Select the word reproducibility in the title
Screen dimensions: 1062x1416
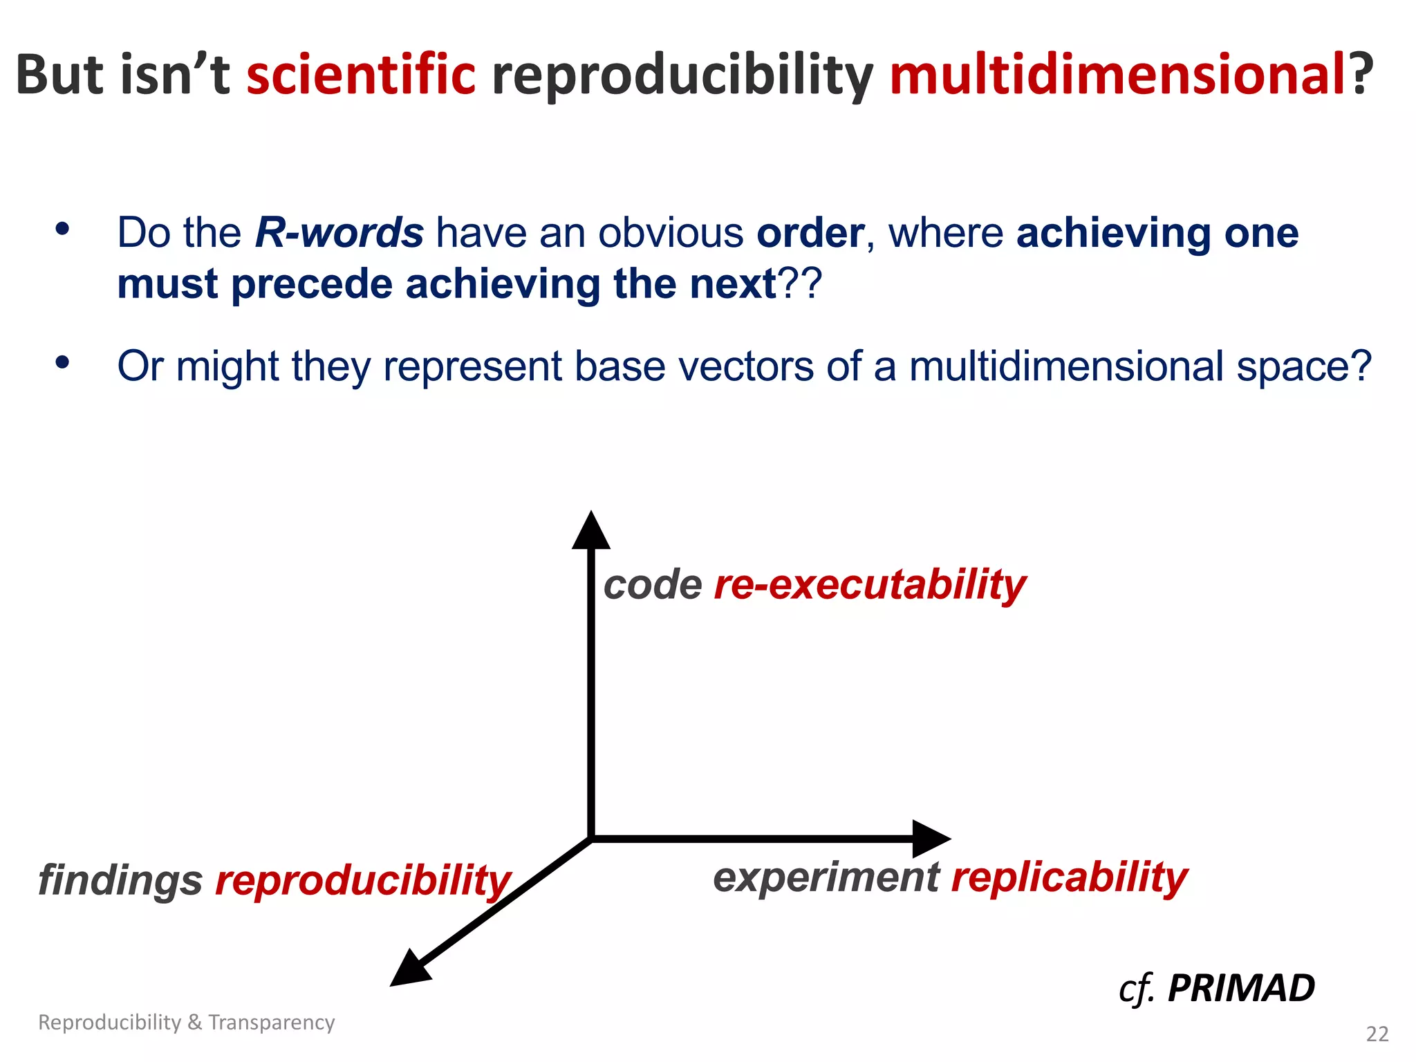tap(682, 77)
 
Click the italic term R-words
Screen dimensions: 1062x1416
tap(339, 232)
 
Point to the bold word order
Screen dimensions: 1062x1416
tap(810, 234)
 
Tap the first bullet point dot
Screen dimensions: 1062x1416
tap(63, 229)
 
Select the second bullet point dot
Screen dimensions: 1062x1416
tap(63, 362)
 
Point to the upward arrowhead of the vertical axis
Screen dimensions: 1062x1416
tap(590, 531)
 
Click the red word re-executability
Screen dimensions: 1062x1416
tap(869, 585)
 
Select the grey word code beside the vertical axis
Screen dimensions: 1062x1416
tap(653, 585)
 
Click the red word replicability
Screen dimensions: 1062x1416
tap(1069, 877)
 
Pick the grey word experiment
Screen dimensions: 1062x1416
tap(826, 877)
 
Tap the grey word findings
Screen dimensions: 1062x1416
tap(120, 881)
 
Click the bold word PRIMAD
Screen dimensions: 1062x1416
tap(1240, 988)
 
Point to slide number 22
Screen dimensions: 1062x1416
tap(1377, 1034)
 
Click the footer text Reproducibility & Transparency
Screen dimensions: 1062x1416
tap(186, 1022)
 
